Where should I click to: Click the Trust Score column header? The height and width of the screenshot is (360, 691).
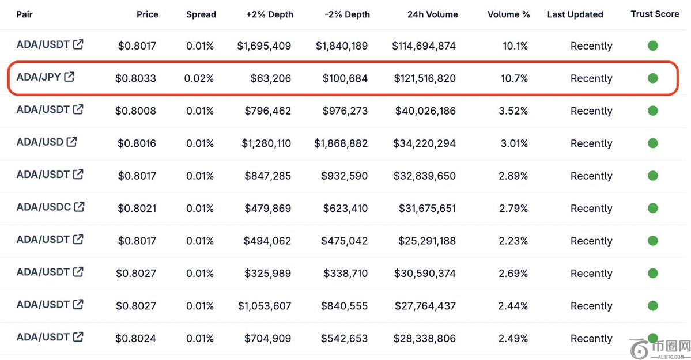(x=655, y=14)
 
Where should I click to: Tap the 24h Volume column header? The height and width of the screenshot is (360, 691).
(x=432, y=14)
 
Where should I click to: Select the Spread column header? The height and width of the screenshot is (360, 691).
(x=201, y=14)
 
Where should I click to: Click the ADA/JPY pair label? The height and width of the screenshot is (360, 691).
(x=39, y=77)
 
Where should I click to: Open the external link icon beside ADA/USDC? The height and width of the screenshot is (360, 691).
(x=80, y=206)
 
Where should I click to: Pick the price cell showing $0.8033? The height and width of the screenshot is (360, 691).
(x=135, y=78)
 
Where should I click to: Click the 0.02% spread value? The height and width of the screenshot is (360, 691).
(x=199, y=78)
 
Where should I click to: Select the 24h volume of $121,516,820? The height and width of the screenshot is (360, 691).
(x=425, y=78)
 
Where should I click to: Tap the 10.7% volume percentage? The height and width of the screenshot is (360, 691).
(x=514, y=78)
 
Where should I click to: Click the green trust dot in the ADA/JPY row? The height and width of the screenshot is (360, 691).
(x=652, y=78)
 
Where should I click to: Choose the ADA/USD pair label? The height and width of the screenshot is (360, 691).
(x=40, y=142)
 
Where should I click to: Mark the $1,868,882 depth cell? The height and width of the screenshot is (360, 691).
(x=341, y=143)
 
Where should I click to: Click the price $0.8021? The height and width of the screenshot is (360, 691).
(x=137, y=209)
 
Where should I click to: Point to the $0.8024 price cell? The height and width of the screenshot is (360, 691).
(x=135, y=339)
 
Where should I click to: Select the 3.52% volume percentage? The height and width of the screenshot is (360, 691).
(x=514, y=111)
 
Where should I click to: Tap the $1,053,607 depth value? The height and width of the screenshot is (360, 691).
(x=265, y=306)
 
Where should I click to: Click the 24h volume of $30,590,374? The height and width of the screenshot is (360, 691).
(x=425, y=274)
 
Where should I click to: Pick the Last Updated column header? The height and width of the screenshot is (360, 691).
(x=575, y=14)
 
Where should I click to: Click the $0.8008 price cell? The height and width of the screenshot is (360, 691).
(x=135, y=111)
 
